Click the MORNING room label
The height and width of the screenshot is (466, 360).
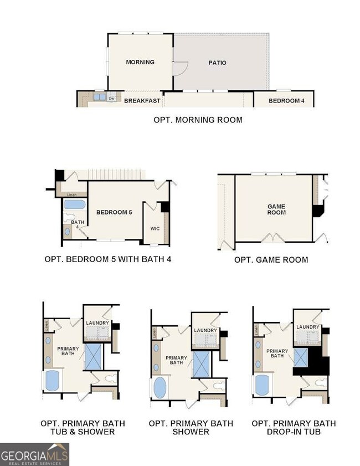(x=140, y=62)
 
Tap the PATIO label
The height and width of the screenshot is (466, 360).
(x=217, y=63)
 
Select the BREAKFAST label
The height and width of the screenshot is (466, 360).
(x=142, y=101)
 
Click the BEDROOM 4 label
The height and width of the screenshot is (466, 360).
(x=283, y=101)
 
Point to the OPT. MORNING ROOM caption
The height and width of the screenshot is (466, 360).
(x=198, y=120)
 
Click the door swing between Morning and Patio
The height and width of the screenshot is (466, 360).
(x=180, y=69)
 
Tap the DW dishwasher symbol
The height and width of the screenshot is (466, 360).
(x=111, y=99)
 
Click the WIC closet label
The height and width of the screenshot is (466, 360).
(x=155, y=228)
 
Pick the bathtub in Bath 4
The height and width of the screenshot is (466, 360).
(x=74, y=204)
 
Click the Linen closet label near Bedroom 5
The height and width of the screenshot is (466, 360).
(x=71, y=194)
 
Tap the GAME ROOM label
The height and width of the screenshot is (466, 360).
(x=276, y=209)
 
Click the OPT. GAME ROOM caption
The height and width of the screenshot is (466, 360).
(x=271, y=259)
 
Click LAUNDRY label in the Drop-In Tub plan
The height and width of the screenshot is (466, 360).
(x=308, y=327)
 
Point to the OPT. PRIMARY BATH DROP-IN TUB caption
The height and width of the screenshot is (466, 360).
(x=294, y=427)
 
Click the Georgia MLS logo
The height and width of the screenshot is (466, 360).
(x=34, y=454)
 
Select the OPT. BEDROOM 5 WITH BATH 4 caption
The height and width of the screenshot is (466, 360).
(x=107, y=259)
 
